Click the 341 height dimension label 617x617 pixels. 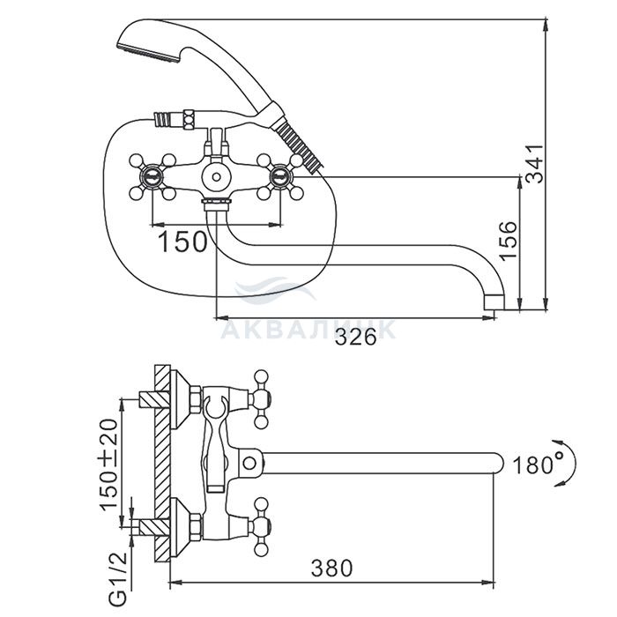pyautogui.click(x=535, y=164)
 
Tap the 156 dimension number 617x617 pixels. pyautogui.click(x=508, y=241)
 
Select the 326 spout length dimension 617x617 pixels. pyautogui.click(x=356, y=338)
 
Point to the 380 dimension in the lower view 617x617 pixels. pyautogui.click(x=331, y=569)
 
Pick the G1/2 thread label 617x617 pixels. pyautogui.click(x=118, y=579)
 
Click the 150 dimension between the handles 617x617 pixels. pyautogui.click(x=182, y=242)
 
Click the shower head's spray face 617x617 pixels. pyautogui.click(x=149, y=55)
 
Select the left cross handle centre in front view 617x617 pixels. pyautogui.click(x=152, y=176)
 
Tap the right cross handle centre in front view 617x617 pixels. pyautogui.click(x=280, y=176)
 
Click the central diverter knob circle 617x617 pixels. pyautogui.click(x=216, y=176)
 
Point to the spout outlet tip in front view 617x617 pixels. pyautogui.click(x=494, y=304)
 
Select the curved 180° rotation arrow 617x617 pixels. pyautogui.click(x=569, y=463)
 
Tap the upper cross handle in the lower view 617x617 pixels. pyautogui.click(x=260, y=399)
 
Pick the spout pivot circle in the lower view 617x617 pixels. pyautogui.click(x=249, y=463)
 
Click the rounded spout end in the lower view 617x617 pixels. pyautogui.click(x=498, y=463)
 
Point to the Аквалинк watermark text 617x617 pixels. pyautogui.click(x=308, y=330)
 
